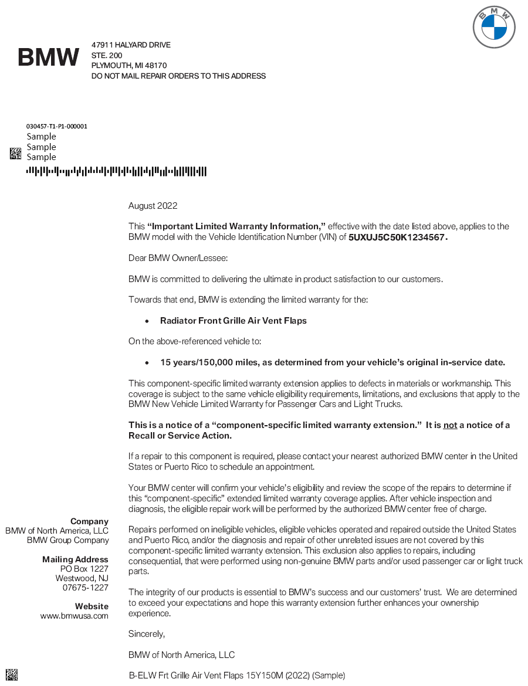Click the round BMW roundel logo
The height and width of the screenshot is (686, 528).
494,28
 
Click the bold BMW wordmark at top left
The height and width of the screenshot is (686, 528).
49,57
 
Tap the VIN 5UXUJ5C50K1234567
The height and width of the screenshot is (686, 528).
398,237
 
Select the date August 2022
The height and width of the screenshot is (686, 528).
153,206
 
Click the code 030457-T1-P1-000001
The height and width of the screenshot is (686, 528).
57,126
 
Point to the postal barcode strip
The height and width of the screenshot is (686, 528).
116,172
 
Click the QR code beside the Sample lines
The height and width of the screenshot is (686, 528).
16,154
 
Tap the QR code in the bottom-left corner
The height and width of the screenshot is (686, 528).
12,674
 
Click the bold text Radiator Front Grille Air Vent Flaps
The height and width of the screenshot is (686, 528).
233,321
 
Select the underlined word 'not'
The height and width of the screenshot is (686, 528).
450,425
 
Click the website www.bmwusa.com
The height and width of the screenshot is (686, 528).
74,616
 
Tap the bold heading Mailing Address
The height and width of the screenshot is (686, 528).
75,559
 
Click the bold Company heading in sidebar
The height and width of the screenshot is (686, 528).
89,521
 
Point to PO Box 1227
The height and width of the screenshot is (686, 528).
84,569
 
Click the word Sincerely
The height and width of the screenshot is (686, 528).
147,634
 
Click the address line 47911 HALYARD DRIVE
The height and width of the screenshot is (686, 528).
131,45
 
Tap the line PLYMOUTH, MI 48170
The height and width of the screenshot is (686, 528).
129,66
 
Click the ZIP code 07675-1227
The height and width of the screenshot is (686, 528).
86,587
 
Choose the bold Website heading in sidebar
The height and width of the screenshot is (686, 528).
92,606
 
